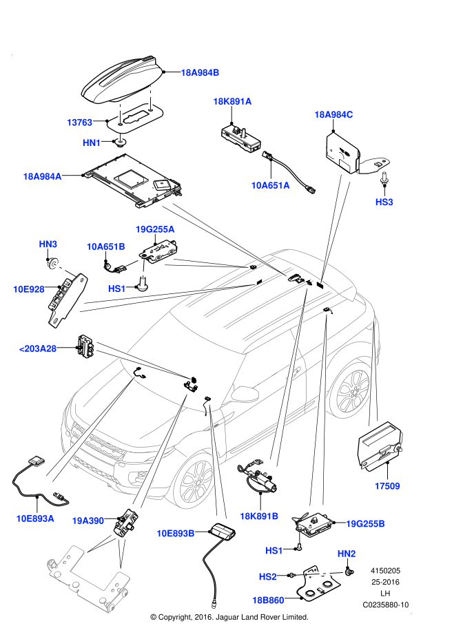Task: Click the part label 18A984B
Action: click(x=200, y=73)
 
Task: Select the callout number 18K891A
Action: click(x=232, y=102)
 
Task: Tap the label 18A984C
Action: click(x=333, y=115)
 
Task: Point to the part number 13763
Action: click(x=79, y=123)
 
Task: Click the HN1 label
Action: click(x=92, y=143)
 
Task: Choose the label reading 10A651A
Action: click(x=270, y=185)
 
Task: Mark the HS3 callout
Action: click(x=384, y=202)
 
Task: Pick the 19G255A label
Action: click(x=155, y=229)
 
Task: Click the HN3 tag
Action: click(x=48, y=244)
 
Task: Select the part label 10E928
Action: click(x=29, y=289)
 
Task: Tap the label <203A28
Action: click(x=38, y=349)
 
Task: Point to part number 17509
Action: click(x=387, y=486)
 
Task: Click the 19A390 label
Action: click(x=88, y=521)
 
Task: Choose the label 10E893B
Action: click(x=176, y=534)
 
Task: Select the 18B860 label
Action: click(x=268, y=600)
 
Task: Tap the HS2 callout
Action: click(x=267, y=577)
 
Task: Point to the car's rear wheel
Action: click(x=351, y=391)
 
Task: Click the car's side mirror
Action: click(x=245, y=394)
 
